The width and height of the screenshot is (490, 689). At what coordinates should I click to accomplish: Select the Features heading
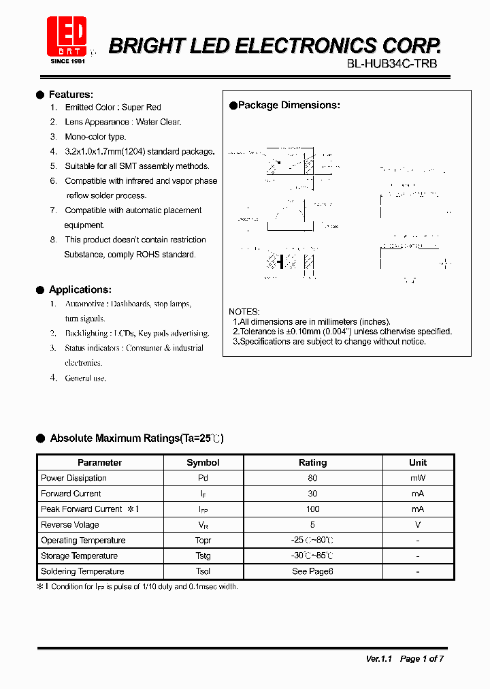coord(71,95)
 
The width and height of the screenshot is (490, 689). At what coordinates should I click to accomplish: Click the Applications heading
coord(80,289)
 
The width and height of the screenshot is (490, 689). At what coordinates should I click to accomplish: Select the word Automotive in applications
coord(85,304)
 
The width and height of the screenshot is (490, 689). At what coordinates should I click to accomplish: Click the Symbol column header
coord(203,462)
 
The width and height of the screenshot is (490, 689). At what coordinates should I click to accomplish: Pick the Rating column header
coord(312,462)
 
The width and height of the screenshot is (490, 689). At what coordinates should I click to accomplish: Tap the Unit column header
coord(418,462)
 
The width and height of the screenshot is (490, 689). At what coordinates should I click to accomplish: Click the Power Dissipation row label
coord(73,478)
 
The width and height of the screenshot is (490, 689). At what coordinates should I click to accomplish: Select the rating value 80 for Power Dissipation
coord(312,478)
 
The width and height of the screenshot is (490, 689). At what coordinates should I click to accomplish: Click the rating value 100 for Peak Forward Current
coord(312,509)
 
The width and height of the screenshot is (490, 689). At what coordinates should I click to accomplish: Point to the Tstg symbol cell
coord(203,556)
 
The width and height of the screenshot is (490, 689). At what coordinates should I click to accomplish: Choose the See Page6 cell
coord(312,571)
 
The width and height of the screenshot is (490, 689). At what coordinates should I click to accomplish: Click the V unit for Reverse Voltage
coord(418,525)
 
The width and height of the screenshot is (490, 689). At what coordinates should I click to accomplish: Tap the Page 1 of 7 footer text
coord(422,658)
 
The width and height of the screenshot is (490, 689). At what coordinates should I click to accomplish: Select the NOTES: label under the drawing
coord(244,311)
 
